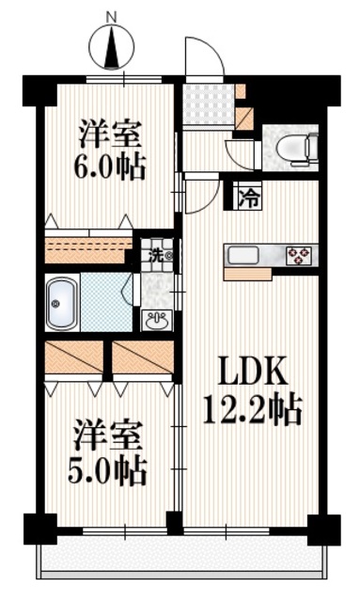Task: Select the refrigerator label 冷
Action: click(x=247, y=198)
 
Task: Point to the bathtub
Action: click(x=62, y=303)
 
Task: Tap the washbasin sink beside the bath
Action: click(x=156, y=320)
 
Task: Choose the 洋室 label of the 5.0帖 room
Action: click(x=109, y=437)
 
